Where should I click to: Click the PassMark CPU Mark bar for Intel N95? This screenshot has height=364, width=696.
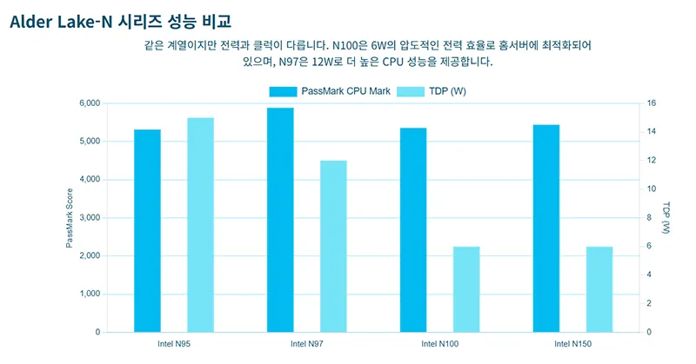pyautogui.click(x=147, y=230)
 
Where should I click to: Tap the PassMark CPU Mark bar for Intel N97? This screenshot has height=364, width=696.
pyautogui.click(x=280, y=220)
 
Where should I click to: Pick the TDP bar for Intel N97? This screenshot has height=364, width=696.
pyautogui.click(x=333, y=246)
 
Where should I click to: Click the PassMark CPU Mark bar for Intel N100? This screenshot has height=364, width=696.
pyautogui.click(x=413, y=229)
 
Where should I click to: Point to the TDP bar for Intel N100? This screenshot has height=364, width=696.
pyautogui.click(x=466, y=289)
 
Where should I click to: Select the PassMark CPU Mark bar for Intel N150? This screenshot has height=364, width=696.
pyautogui.click(x=546, y=228)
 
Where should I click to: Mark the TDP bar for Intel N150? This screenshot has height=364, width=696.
pyautogui.click(x=599, y=289)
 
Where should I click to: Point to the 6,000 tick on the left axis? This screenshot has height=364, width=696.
pyautogui.click(x=89, y=103)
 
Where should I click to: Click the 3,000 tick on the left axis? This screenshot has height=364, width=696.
pyautogui.click(x=89, y=217)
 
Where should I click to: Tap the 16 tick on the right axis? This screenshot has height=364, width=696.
pyautogui.click(x=649, y=103)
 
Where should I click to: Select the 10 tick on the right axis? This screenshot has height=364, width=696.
pyautogui.click(x=649, y=189)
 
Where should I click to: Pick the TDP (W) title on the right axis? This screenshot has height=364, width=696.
pyautogui.click(x=666, y=217)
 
